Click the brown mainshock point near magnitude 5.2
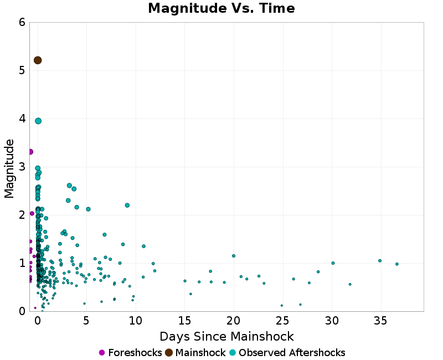point(38,60)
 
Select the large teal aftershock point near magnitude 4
point(38,121)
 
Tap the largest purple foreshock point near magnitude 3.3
point(30,152)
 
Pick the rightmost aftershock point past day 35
point(397,264)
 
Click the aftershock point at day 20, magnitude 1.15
point(234,256)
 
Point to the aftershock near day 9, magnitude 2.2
point(127,205)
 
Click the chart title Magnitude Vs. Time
point(221,9)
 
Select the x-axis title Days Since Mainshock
point(226,336)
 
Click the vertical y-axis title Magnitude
point(9,168)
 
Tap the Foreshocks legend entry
point(130,353)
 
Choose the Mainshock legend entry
point(195,353)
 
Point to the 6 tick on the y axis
point(22,22)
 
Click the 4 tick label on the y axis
point(22,119)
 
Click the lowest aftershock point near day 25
point(282,305)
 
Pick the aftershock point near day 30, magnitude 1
point(333,263)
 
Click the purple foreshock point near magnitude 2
point(32,213)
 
